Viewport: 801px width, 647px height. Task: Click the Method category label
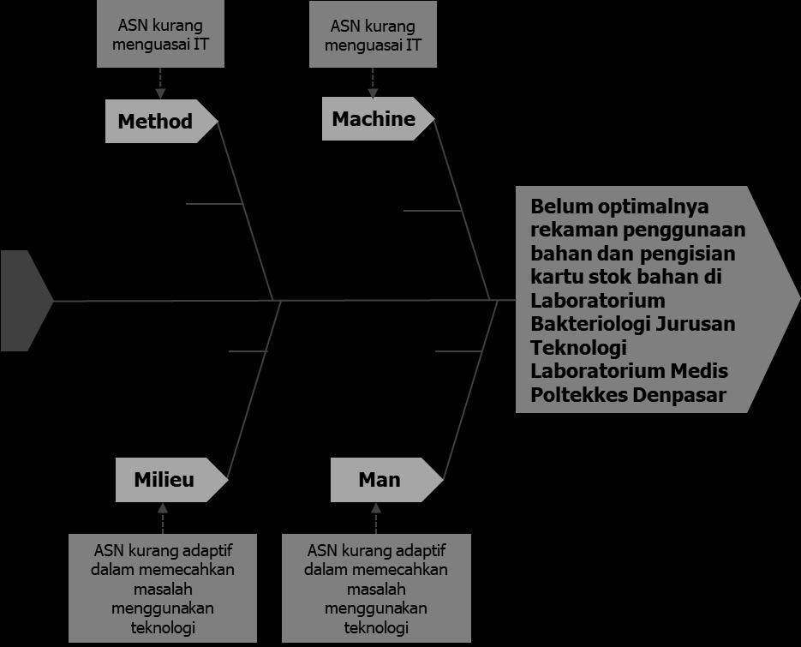[156, 121]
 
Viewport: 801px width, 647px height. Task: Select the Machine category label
[374, 119]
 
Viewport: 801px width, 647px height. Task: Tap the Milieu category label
[164, 479]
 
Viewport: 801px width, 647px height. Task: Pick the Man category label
[380, 479]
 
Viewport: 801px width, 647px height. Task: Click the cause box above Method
[160, 34]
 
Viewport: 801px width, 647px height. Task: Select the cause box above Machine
[373, 34]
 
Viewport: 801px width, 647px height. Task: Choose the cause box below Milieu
[163, 588]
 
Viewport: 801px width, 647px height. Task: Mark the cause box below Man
[376, 588]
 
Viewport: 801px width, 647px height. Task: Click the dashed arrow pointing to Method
[160, 83]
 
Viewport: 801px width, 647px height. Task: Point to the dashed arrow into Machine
[373, 82]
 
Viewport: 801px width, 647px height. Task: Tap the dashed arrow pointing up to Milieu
[163, 518]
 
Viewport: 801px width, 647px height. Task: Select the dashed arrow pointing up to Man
[375, 518]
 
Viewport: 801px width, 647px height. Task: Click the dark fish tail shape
[23, 301]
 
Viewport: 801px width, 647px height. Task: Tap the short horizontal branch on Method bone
[213, 204]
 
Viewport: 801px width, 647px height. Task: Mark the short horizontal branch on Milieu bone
[248, 351]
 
